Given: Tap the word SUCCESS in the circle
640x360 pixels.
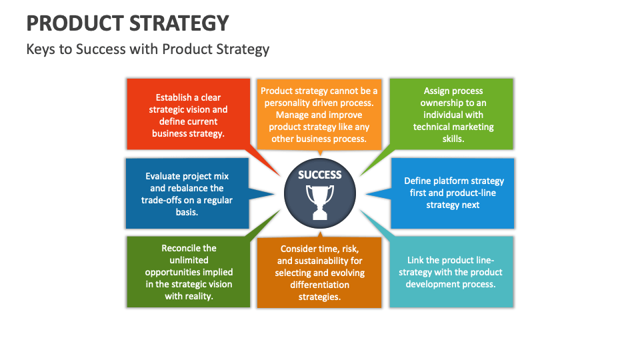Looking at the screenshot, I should pos(319,175).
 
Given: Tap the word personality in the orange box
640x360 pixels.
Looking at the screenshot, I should pos(289,103).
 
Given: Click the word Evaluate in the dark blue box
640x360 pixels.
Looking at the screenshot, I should pos(165,176).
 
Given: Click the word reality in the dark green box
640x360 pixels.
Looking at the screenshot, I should pos(199,296).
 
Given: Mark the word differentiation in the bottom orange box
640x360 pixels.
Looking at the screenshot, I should pos(319,285).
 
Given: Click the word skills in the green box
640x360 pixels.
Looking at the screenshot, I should pos(453,139).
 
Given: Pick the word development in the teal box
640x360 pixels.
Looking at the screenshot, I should pos(433,284).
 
